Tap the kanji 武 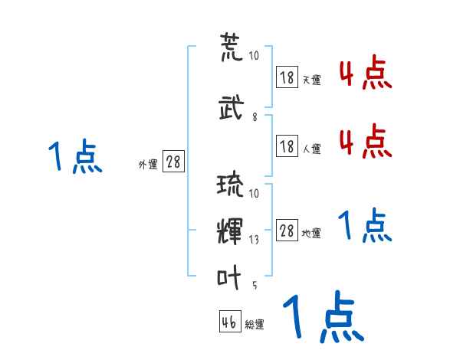(x=231, y=107)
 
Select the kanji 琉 (x=231, y=186)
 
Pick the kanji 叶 (x=231, y=275)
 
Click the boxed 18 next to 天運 (x=287, y=77)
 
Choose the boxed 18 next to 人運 (x=287, y=146)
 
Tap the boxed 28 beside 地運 (x=287, y=231)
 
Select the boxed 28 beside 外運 (x=173, y=162)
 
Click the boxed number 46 (x=229, y=322)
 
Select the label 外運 (x=148, y=165)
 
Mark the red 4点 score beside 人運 (x=366, y=141)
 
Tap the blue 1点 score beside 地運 (x=365, y=225)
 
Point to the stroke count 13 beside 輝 (x=254, y=240)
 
